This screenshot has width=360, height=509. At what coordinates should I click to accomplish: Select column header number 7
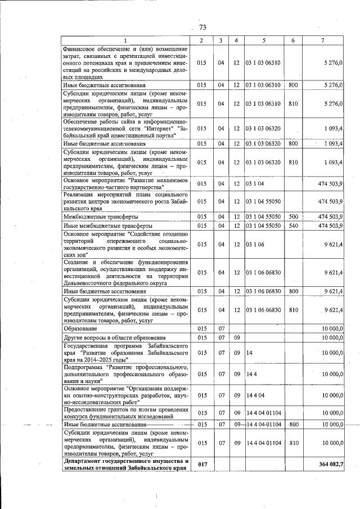point(322,40)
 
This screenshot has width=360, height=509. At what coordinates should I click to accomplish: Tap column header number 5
point(263,40)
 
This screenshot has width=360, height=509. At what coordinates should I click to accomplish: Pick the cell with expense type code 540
point(292,226)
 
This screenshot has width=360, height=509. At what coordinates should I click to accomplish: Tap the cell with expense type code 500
point(292,217)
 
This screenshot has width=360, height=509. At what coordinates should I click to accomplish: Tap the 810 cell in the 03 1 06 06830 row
point(292,310)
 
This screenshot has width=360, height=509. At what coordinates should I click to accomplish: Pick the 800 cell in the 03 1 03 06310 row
point(292,84)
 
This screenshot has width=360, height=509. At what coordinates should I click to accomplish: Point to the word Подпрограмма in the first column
point(83,366)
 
